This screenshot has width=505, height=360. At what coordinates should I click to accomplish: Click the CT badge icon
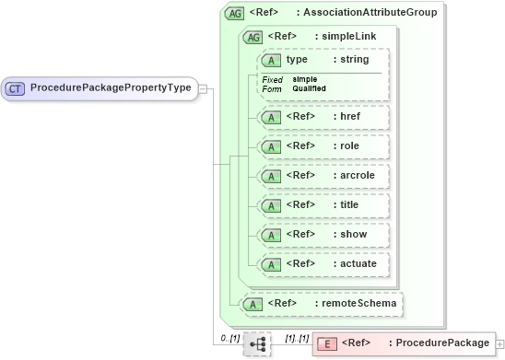16,88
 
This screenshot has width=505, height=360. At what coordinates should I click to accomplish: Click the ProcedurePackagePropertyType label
111,88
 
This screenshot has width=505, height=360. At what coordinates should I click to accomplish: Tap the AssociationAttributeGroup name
371,13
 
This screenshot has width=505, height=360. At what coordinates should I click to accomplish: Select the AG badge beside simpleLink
252,37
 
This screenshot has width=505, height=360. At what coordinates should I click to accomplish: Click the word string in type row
355,60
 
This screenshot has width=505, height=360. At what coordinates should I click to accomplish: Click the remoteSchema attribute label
354,303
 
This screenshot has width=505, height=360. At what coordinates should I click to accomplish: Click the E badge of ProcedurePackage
326,343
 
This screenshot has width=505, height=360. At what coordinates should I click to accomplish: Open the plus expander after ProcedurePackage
499,343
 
